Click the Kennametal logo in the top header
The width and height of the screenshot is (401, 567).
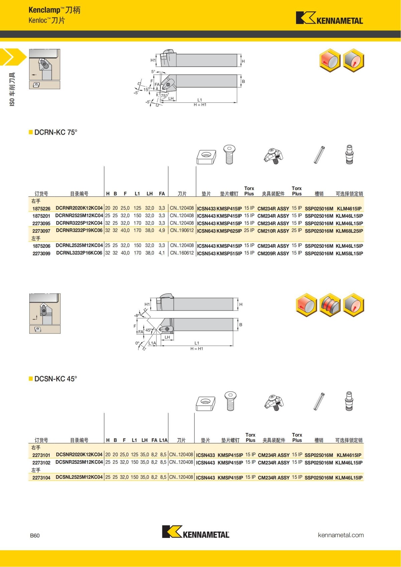coord(329,18)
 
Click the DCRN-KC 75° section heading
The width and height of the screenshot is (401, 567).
coord(55,132)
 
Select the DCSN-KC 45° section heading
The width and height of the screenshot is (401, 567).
coord(55,379)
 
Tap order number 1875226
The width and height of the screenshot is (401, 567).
coord(41,208)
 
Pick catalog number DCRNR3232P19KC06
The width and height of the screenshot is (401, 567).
coord(79,231)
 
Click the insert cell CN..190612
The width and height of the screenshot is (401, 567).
coord(182,231)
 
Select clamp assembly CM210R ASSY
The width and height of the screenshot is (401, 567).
coord(273,231)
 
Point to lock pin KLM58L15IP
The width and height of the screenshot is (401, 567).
coord(349,254)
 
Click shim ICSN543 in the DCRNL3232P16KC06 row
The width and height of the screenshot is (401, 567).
coord(206,254)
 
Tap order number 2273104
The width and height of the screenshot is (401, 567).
coord(41,478)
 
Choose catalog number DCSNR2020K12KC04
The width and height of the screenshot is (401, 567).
coord(79,455)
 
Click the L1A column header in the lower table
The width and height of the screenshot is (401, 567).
coord(163,440)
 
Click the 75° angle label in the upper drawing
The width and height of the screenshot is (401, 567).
coord(164,96)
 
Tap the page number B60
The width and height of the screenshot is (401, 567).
coord(35,536)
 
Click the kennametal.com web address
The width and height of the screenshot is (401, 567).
coord(341,535)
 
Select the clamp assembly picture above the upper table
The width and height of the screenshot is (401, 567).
coord(274,155)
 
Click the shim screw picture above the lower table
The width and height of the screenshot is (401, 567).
coord(231,402)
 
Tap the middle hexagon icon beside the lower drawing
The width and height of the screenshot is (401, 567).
coord(330,305)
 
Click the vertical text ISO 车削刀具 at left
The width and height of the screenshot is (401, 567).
coord(12,90)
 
